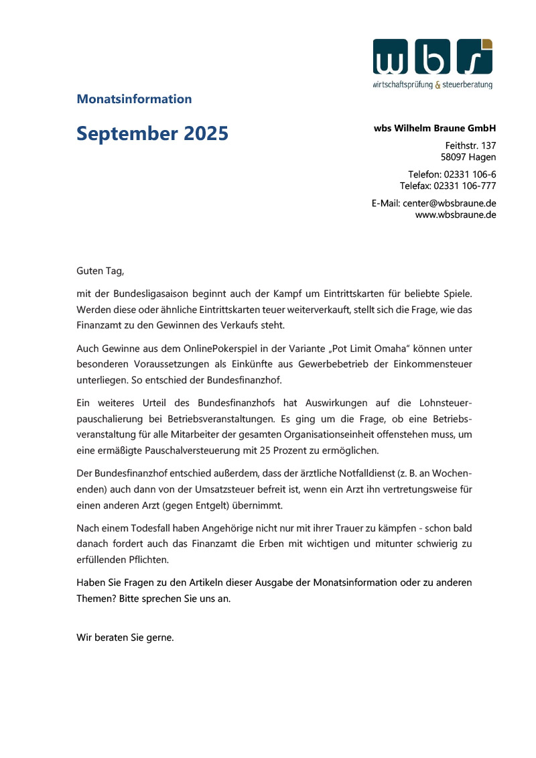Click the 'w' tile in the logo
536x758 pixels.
(x=391, y=57)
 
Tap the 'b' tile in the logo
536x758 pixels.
(x=433, y=57)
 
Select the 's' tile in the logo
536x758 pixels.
(x=474, y=57)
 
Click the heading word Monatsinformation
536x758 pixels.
(x=134, y=99)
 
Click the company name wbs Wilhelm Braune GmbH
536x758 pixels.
(x=435, y=128)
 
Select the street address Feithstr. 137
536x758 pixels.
(x=470, y=145)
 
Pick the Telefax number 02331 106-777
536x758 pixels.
(x=465, y=185)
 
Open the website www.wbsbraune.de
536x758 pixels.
(x=456, y=214)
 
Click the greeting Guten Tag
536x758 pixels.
(x=100, y=271)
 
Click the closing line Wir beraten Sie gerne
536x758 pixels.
(x=125, y=637)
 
